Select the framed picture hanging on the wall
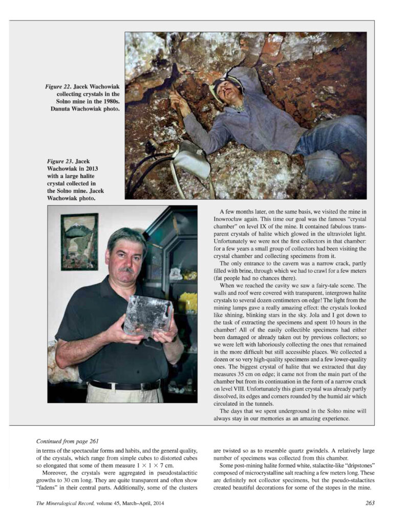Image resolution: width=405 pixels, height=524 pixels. pyautogui.click(x=79, y=241)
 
